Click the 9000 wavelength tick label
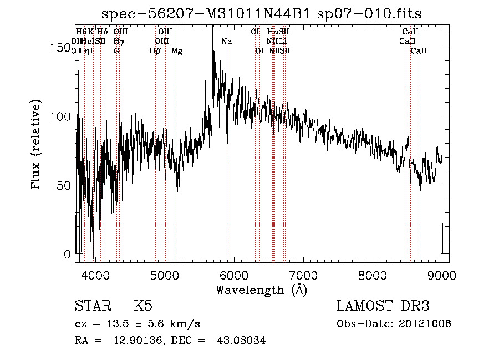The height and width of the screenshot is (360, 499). (442, 274)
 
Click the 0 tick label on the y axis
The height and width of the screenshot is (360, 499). (68, 255)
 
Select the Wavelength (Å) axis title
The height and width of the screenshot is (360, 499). (261, 290)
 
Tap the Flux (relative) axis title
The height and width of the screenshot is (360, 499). (37, 145)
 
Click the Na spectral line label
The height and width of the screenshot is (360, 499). (226, 41)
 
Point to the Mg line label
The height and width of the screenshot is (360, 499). (177, 51)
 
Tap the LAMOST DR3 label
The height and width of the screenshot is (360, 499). (383, 306)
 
